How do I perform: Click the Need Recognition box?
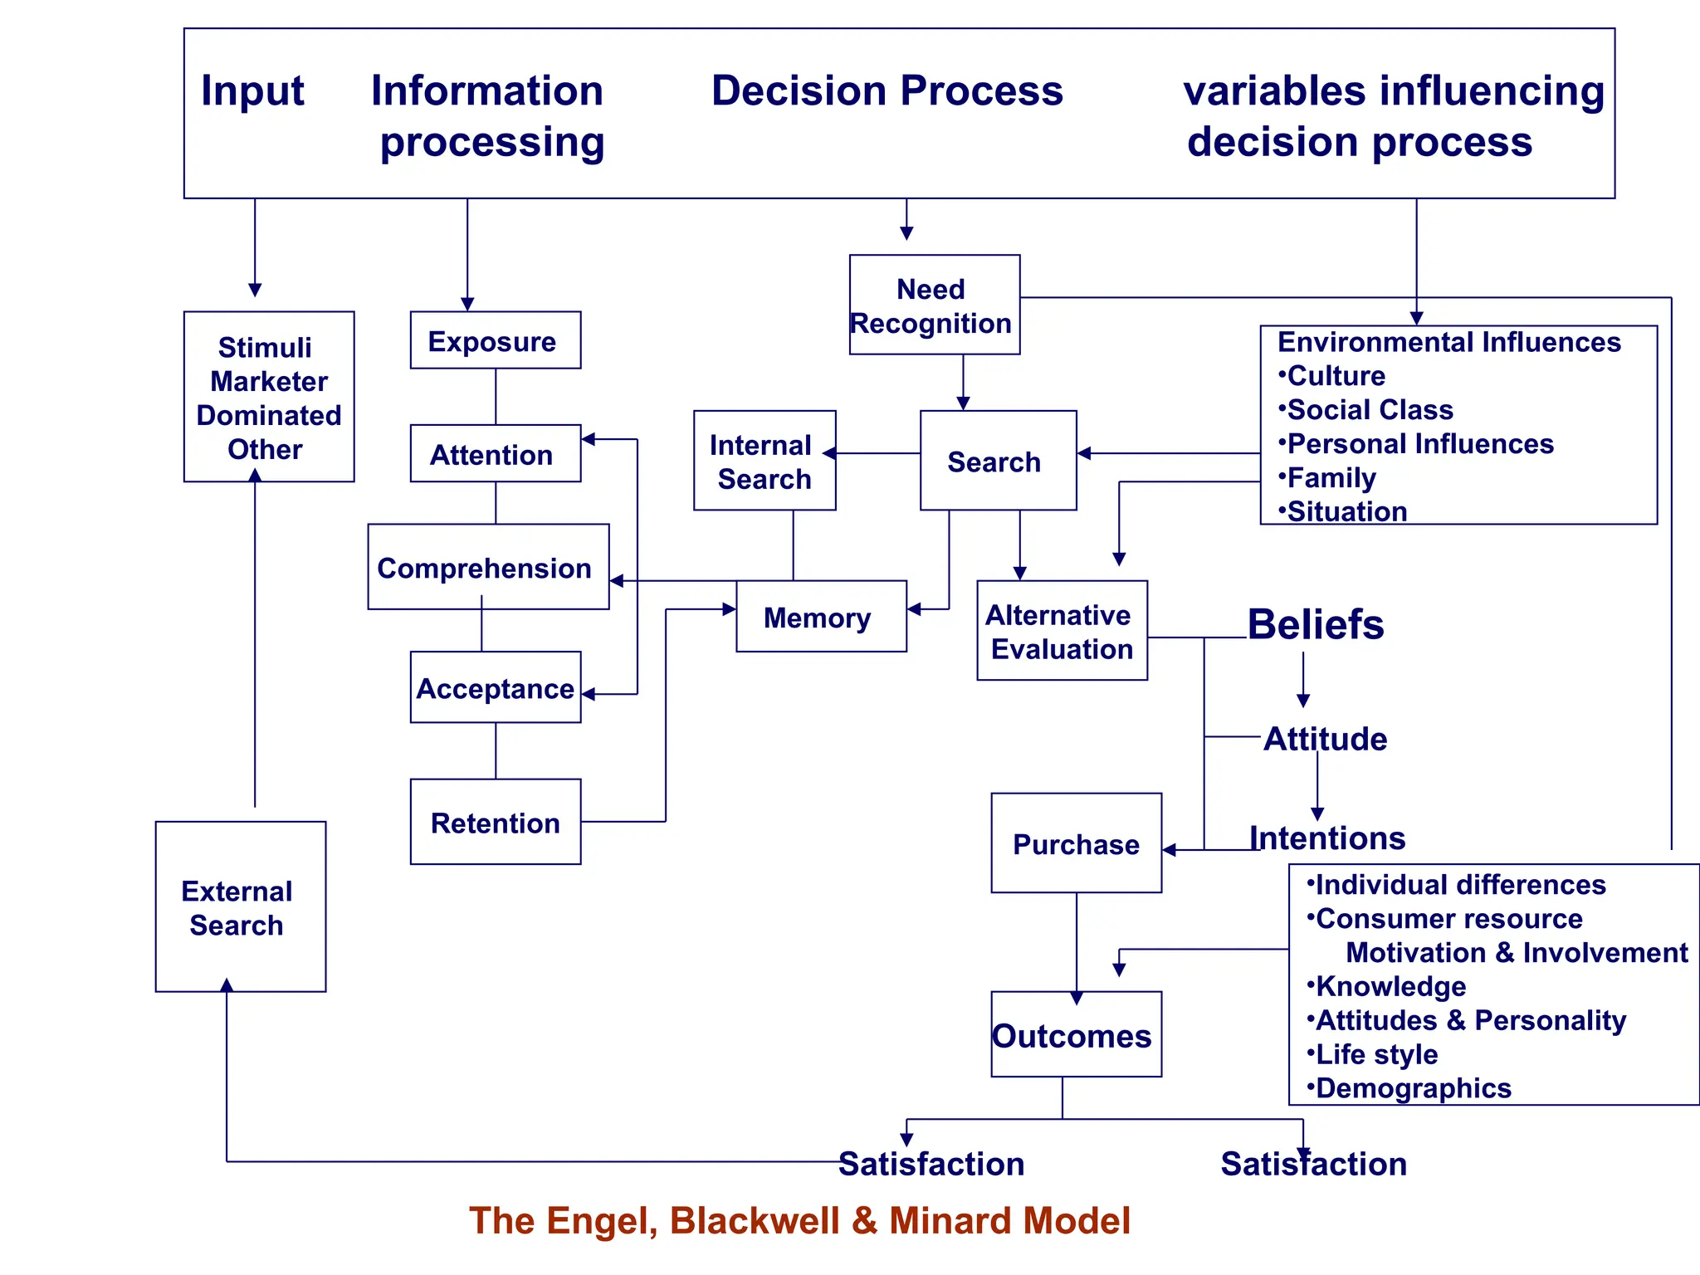click(934, 305)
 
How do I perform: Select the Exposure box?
click(495, 340)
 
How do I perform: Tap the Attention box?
click(495, 453)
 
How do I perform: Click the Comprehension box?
click(487, 567)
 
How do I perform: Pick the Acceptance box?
click(495, 687)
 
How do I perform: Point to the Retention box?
click(495, 822)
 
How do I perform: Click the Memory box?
click(820, 617)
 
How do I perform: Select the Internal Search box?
click(764, 461)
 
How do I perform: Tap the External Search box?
click(240, 906)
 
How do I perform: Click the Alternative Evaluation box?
click(1062, 631)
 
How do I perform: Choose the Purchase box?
click(1076, 843)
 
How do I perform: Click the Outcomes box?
click(1075, 1034)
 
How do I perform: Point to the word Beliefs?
click(1316, 624)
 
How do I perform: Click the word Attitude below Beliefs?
click(1325, 739)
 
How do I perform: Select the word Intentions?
click(1327, 838)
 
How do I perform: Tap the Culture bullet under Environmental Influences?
click(1336, 376)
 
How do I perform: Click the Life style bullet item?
click(1376, 1053)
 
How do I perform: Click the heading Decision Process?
click(887, 90)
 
